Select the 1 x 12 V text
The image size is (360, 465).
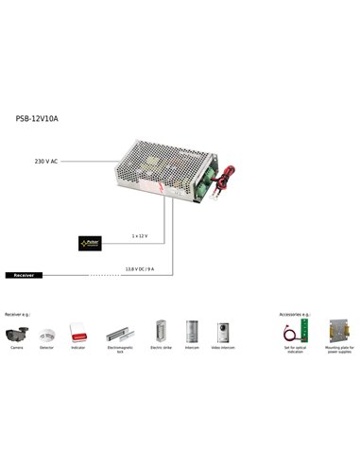(139, 235)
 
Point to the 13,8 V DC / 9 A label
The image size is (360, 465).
(139, 268)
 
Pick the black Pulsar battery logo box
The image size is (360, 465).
(92, 243)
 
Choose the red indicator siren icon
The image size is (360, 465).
(77, 333)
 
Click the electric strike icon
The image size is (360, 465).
(161, 332)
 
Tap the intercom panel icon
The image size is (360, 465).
(192, 331)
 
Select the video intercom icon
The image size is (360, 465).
(223, 331)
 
